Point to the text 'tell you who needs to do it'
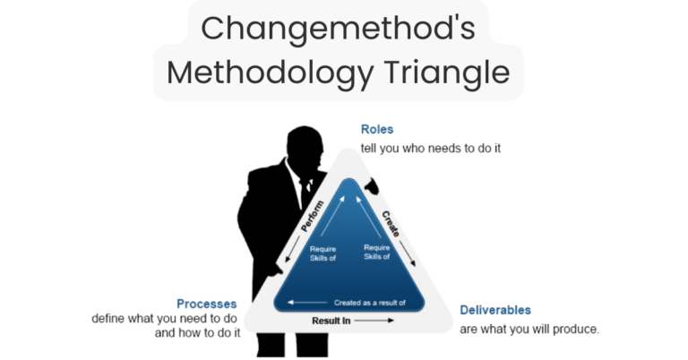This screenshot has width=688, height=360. point(430,148)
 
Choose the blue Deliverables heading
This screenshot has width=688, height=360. point(495,310)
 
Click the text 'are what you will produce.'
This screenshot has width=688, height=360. point(529,329)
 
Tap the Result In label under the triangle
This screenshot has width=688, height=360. point(331,320)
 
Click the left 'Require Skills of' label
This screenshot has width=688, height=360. point(322,253)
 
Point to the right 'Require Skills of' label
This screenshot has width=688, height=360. point(377,253)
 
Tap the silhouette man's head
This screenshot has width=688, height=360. point(302,144)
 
